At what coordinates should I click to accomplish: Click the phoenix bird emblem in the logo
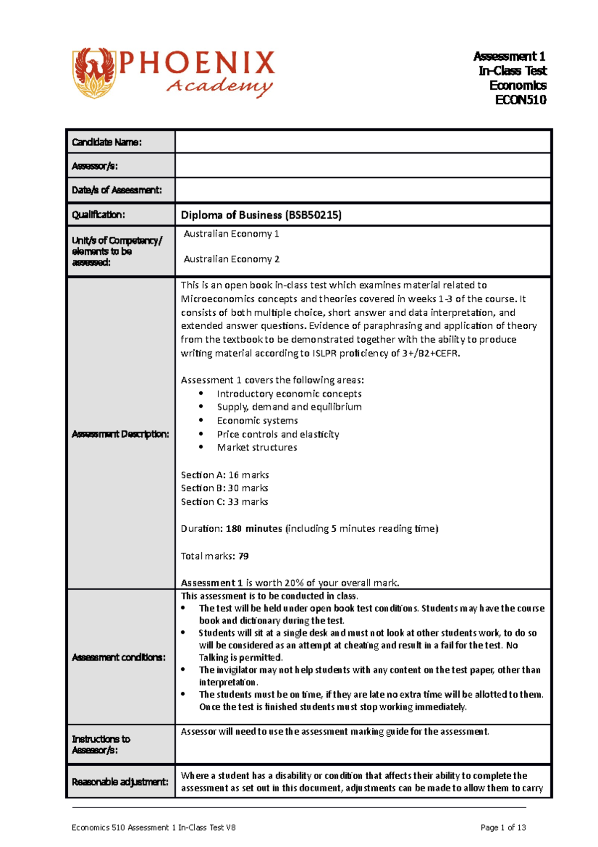click(x=95, y=73)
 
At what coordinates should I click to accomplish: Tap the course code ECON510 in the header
click(x=520, y=100)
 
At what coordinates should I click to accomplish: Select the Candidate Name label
click(x=107, y=142)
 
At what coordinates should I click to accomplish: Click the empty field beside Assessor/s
click(x=363, y=166)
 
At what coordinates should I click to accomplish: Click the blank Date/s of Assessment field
click(x=363, y=190)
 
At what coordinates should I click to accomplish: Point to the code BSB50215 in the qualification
click(x=312, y=215)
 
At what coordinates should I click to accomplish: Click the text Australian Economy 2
click(x=231, y=259)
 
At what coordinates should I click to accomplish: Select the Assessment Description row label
click(x=121, y=434)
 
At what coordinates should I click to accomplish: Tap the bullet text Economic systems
click(x=257, y=421)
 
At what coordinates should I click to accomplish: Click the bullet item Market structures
click(x=257, y=447)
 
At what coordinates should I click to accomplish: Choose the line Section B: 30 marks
click(x=224, y=488)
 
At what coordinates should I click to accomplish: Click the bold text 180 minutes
click(x=254, y=529)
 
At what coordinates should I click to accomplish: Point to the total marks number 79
click(x=243, y=556)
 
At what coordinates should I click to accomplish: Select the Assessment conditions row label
click(x=119, y=657)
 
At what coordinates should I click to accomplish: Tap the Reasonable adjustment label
click(x=120, y=782)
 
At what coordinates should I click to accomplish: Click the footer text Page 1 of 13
click(x=503, y=828)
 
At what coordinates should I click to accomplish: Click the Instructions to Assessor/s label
click(x=101, y=744)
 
